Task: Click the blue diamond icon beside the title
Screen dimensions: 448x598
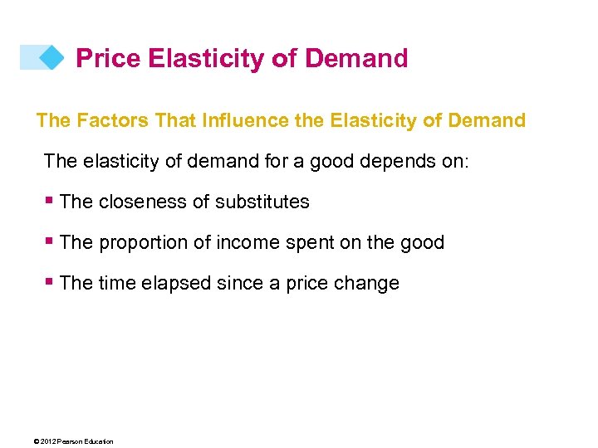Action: tap(51, 57)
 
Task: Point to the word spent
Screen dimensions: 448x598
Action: tap(307, 242)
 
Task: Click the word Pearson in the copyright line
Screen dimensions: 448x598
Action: tap(71, 441)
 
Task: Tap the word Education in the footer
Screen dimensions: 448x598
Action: tap(98, 441)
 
